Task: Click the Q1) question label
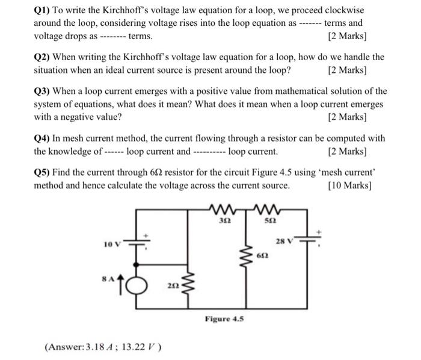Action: tap(43, 11)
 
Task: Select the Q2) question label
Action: tap(43, 57)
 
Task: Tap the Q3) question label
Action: tap(43, 92)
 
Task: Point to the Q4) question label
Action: tap(43, 138)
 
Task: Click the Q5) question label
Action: tap(43, 173)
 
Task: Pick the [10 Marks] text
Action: tap(349, 185)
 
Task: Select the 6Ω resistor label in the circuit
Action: tap(261, 256)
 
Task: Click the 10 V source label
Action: tap(112, 244)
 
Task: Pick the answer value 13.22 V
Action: tap(139, 347)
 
